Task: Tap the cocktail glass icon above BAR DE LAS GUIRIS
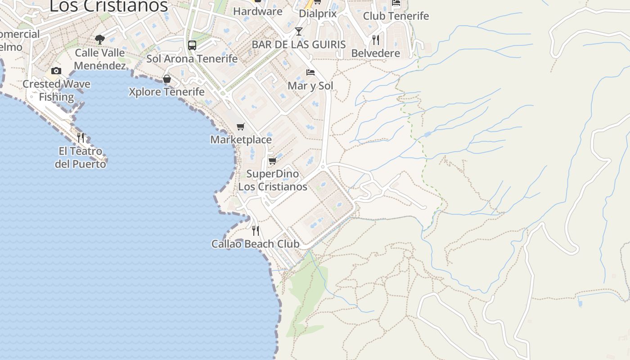coord(299,31)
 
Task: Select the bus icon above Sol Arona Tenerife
coord(192,45)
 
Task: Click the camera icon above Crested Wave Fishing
coord(56,71)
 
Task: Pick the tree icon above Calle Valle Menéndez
coord(100,40)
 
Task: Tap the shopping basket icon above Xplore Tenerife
coord(167,79)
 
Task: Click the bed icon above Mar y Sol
coord(310,72)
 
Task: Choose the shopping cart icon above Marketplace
coord(241,127)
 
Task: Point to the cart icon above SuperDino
coord(272,161)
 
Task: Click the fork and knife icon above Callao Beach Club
coord(256,231)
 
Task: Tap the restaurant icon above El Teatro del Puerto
coord(81,137)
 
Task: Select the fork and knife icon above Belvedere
coord(375,40)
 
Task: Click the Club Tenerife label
coord(396,16)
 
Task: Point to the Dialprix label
coord(318,13)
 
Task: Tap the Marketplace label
coord(241,139)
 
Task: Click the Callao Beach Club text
coord(256,244)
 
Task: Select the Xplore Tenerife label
coord(166,92)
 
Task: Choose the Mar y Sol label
coord(310,85)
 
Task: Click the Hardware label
coord(258,11)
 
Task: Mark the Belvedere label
coord(375,53)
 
